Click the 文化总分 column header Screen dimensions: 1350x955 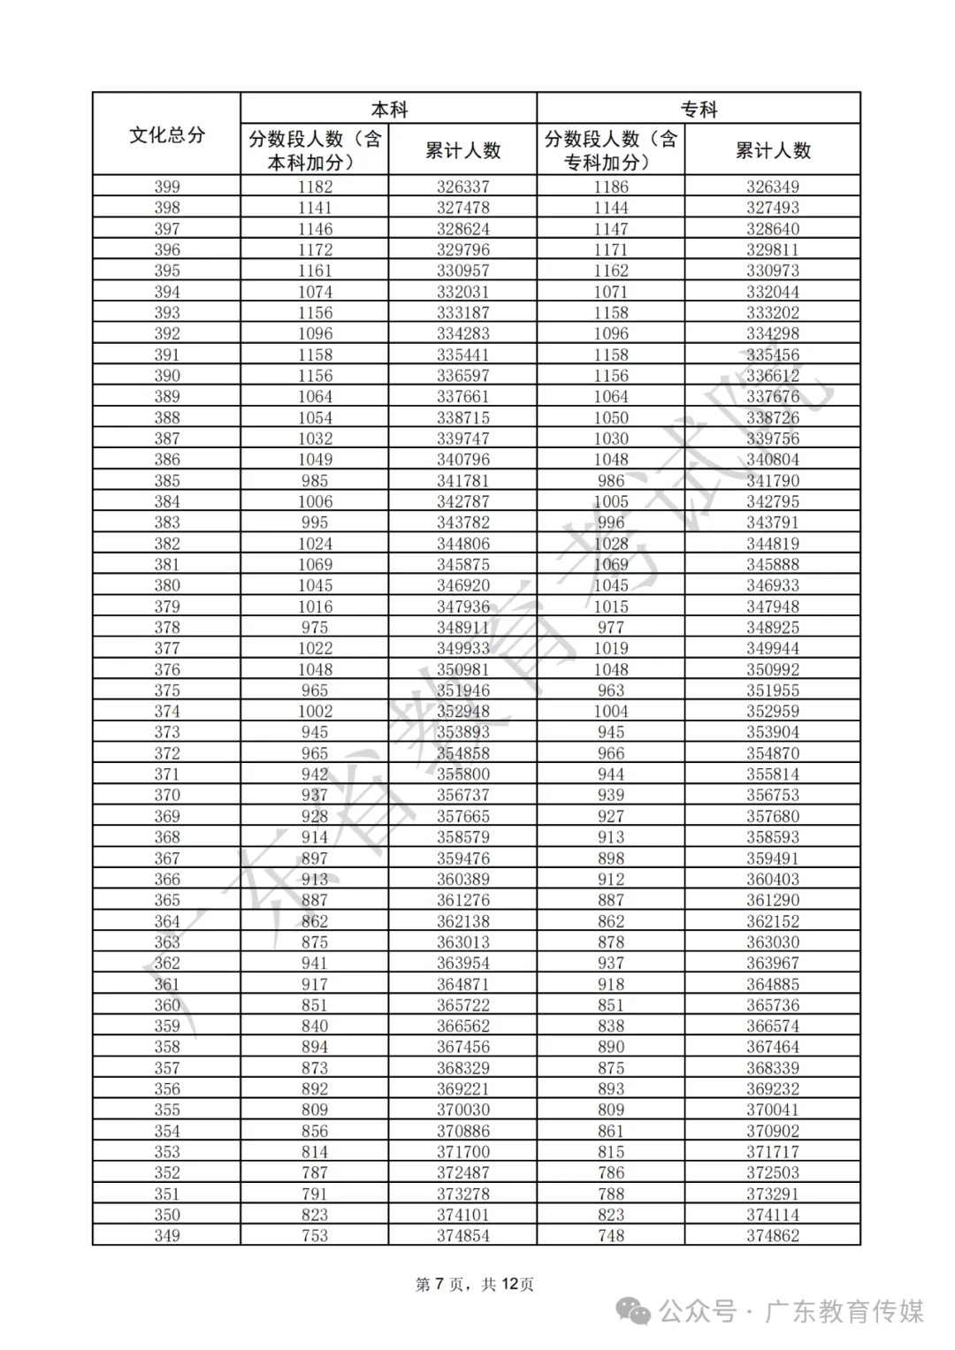(x=166, y=134)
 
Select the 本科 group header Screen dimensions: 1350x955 (x=389, y=110)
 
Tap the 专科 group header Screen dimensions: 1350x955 (x=699, y=110)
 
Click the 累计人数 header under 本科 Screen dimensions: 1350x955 (x=462, y=150)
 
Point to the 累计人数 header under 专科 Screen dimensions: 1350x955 (x=773, y=150)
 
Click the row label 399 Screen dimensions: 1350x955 (x=166, y=187)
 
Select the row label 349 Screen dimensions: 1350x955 (x=166, y=1235)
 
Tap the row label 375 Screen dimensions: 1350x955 (x=166, y=690)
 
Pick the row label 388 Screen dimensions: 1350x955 (x=166, y=417)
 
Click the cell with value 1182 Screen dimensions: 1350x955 (x=315, y=187)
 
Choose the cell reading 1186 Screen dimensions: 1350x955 (x=611, y=187)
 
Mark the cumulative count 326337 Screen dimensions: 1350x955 (x=462, y=187)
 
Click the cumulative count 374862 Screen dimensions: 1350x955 (x=773, y=1235)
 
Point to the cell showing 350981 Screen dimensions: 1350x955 (x=462, y=669)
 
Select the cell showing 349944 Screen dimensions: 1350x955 (x=773, y=648)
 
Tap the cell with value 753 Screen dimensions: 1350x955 (x=315, y=1235)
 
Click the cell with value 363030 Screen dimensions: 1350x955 (x=773, y=942)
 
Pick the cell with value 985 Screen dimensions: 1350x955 (x=315, y=481)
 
